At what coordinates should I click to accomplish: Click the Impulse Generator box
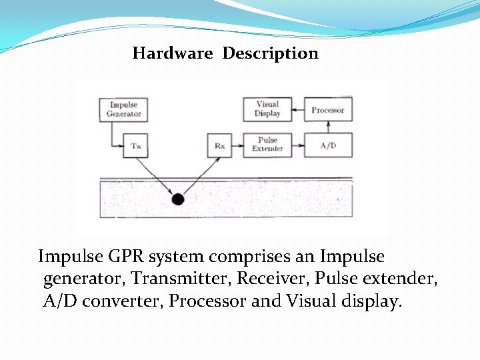[x=124, y=109]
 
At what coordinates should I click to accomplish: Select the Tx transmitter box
[x=136, y=145]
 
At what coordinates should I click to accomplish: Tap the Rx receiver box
[x=220, y=145]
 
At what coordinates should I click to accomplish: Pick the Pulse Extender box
[x=267, y=145]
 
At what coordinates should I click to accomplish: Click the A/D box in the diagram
[x=328, y=145]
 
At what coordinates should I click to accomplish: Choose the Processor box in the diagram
[x=328, y=109]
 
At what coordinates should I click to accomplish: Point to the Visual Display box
[x=267, y=109]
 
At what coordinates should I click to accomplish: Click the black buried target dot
[x=177, y=199]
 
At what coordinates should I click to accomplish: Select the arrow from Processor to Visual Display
[x=295, y=109]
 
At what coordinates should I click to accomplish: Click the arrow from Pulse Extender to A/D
[x=295, y=145]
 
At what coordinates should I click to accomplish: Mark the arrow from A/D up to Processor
[x=328, y=127]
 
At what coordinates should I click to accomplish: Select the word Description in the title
[x=270, y=53]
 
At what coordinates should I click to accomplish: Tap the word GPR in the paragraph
[x=127, y=257]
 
